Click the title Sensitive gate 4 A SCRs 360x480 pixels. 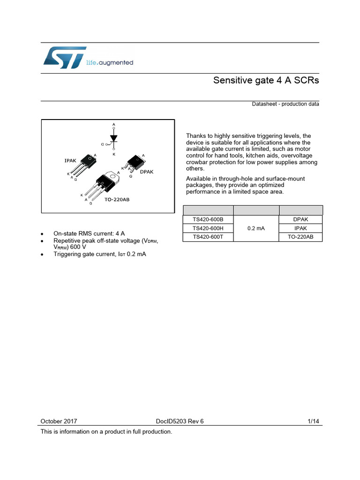266,80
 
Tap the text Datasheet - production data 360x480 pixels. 285,104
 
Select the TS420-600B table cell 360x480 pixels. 208,219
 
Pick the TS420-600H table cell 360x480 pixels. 208,228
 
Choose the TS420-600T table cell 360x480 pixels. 208,237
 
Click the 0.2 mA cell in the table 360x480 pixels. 256,228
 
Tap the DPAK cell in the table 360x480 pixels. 300,219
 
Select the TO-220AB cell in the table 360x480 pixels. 300,237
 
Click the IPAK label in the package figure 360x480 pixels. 70,161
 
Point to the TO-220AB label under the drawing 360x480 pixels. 117,199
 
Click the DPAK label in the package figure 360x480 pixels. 147,172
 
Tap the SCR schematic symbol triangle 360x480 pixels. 113,138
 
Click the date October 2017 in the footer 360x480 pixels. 59,421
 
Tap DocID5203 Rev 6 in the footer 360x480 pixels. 180,421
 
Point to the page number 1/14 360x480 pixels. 313,421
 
